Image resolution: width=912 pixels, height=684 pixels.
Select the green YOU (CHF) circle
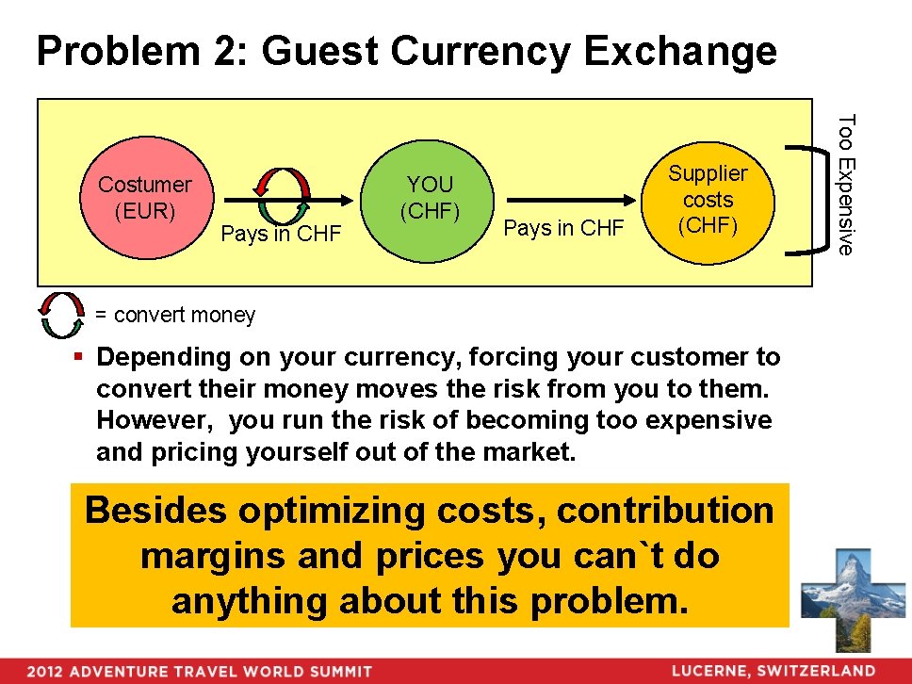tap(430, 198)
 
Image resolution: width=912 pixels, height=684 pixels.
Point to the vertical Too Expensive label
tap(846, 184)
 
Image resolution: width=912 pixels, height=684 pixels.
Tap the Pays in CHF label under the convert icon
tap(280, 234)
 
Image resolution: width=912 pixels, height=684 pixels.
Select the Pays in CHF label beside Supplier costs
tap(563, 228)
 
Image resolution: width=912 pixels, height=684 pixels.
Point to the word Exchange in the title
tap(680, 52)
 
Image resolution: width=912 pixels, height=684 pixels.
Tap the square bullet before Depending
tap(81, 358)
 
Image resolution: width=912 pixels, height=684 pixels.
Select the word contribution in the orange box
tap(665, 511)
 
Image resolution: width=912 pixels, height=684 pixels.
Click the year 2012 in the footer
tap(45, 672)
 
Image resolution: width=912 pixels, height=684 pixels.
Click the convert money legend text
tap(174, 315)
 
